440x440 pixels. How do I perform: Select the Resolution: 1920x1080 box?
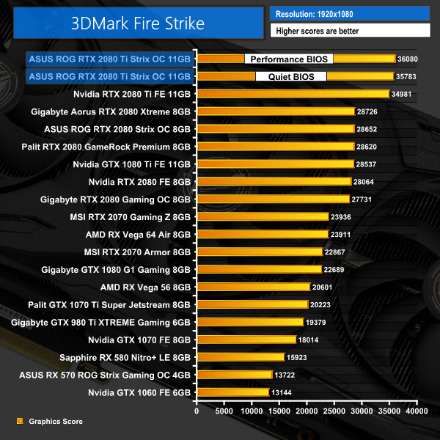coord(349,14)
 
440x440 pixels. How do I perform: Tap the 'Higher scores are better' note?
coord(349,31)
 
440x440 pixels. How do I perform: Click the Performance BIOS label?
coord(288,59)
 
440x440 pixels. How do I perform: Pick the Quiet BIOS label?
coord(291,76)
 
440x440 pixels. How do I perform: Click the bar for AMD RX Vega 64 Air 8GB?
coord(262,234)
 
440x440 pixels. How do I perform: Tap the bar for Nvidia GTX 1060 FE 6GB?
coord(232,392)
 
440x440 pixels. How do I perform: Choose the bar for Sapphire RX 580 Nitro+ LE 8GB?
coord(240,357)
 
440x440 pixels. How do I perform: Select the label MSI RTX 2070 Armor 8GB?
coord(137,252)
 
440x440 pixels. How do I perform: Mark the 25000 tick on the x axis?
coord(334,412)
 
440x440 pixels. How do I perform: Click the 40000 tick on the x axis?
coord(417,412)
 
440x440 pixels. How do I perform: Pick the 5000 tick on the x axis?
coord(224,412)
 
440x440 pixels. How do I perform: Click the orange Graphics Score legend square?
coord(19,422)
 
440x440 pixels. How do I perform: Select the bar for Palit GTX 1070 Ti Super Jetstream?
coord(252,304)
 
